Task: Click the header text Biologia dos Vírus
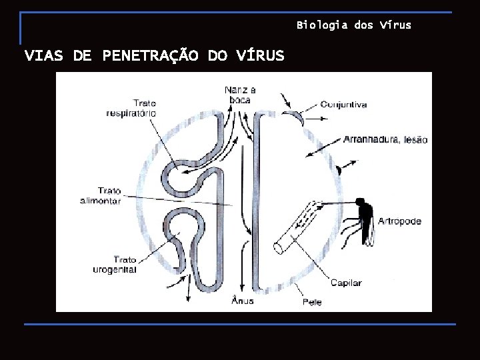[354, 25]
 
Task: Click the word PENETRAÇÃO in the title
[150, 55]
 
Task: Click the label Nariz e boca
[241, 94]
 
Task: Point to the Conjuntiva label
[343, 105]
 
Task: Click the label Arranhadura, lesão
[385, 140]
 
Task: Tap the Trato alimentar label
[101, 196]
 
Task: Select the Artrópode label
[399, 221]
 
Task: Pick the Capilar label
[345, 283]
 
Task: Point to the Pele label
[312, 302]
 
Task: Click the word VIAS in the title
[44, 55]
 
